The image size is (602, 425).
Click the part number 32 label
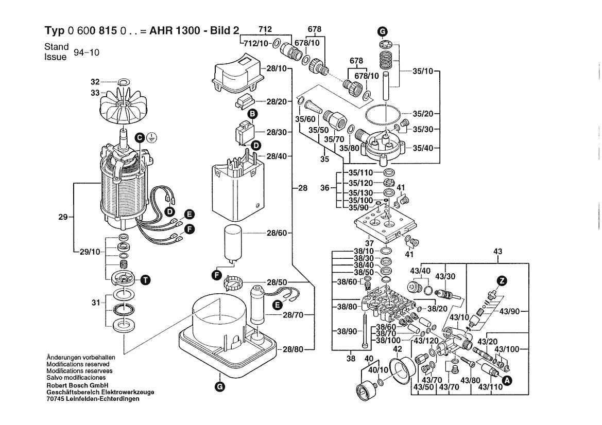94,82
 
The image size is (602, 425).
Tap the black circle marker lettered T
146,280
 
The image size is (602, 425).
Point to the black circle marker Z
502,280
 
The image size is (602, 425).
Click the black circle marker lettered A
507,380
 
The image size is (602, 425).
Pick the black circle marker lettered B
253,113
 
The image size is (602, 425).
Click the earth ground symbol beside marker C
151,137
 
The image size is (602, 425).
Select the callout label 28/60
277,233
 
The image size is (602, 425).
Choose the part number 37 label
368,243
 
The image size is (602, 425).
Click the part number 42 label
397,349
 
